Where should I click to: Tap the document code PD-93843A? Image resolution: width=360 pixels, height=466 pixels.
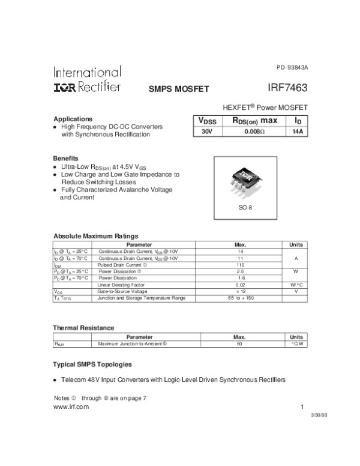click(x=292, y=67)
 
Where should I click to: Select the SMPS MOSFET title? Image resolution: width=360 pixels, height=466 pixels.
click(x=178, y=89)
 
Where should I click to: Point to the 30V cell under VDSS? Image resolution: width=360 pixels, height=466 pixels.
click(x=206, y=132)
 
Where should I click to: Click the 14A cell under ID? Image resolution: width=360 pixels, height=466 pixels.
click(x=296, y=132)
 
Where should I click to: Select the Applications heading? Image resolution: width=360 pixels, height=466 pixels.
click(x=73, y=119)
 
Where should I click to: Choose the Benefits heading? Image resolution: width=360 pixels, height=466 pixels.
click(x=66, y=158)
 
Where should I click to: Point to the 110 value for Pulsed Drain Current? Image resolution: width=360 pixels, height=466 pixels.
click(x=240, y=265)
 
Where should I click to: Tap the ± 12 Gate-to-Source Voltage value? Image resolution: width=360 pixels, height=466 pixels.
click(x=240, y=291)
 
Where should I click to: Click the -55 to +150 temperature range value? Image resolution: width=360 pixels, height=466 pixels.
click(x=240, y=298)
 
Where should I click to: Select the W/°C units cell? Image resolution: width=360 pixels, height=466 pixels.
click(x=296, y=285)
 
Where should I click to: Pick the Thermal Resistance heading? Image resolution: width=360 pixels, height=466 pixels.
click(x=83, y=327)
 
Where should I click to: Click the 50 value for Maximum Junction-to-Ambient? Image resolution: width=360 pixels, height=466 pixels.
click(x=240, y=344)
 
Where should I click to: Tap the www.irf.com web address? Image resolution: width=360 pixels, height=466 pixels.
click(x=71, y=407)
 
